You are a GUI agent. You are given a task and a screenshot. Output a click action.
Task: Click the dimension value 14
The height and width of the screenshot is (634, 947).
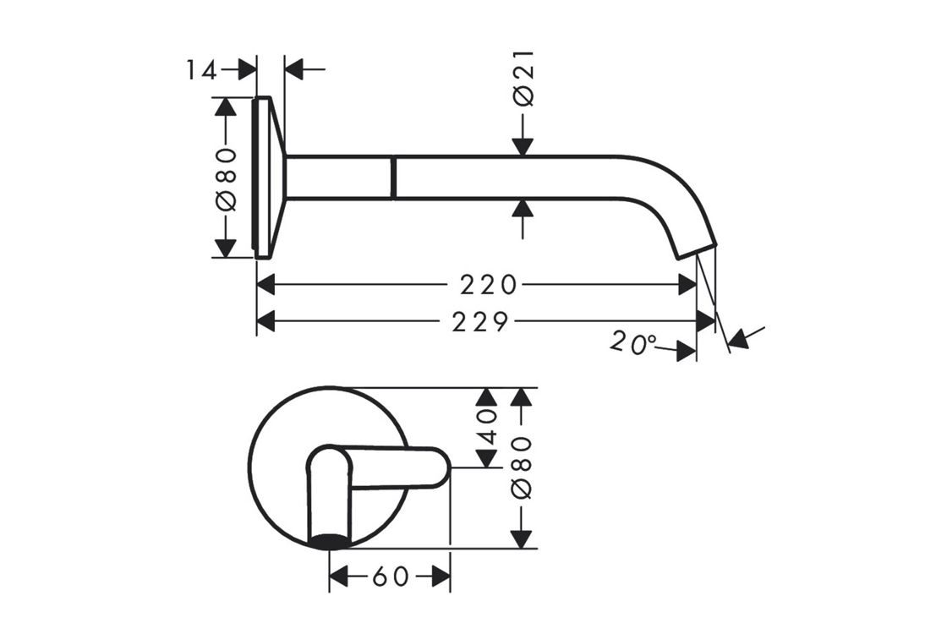pyautogui.click(x=201, y=71)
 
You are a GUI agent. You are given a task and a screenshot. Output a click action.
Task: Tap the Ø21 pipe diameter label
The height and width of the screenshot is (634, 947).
pyautogui.click(x=523, y=79)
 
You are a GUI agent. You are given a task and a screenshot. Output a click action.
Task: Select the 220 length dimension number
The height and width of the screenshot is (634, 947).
pyautogui.click(x=489, y=285)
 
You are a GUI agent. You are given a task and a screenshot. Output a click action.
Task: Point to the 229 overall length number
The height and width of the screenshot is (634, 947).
pyautogui.click(x=481, y=322)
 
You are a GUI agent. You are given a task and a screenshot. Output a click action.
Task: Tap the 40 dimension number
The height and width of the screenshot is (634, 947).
pyautogui.click(x=487, y=428)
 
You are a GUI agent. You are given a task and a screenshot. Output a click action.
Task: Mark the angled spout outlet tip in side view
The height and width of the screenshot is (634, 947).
pyautogui.click(x=694, y=250)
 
